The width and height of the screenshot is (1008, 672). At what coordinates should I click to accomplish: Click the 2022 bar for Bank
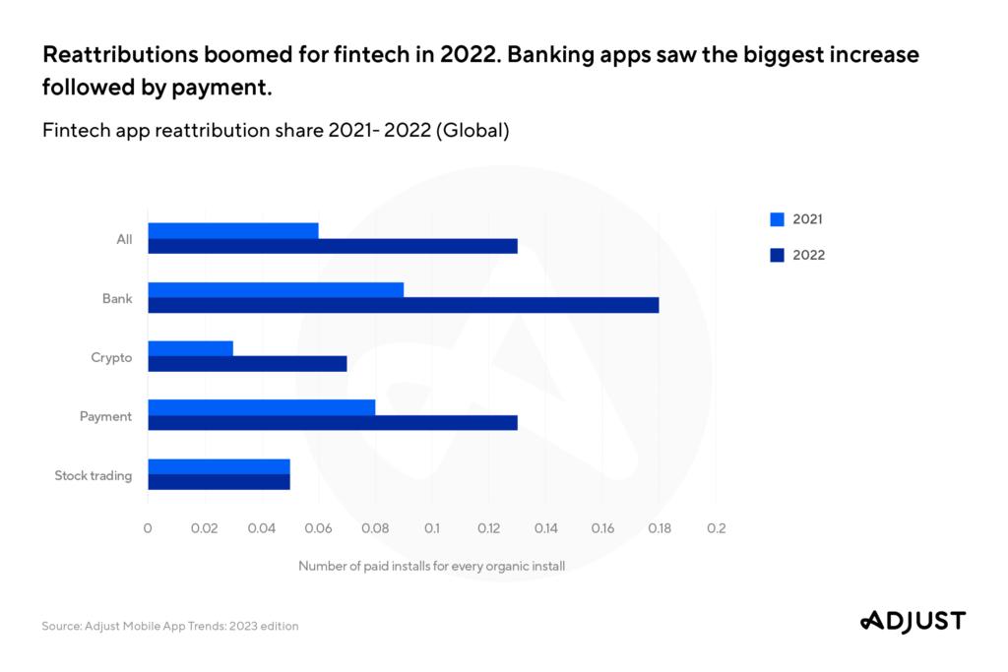404,305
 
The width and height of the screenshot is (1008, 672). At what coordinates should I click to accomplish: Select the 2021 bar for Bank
276,290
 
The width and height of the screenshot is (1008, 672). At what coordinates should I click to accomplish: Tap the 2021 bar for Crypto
190,349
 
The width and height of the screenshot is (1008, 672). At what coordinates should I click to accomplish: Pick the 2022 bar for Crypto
247,364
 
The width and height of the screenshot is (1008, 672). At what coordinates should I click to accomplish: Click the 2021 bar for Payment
261,407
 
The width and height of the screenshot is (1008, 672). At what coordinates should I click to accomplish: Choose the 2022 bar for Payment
333,423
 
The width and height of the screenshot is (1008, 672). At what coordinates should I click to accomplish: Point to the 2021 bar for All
233,230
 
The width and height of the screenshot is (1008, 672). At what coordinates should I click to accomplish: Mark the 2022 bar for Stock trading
219,482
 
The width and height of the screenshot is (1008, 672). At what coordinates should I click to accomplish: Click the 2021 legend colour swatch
777,219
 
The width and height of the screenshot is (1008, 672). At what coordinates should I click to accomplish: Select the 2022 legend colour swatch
777,255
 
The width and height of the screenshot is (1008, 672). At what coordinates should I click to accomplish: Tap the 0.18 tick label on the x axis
660,528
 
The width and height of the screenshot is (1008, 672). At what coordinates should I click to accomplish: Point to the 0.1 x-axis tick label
432,528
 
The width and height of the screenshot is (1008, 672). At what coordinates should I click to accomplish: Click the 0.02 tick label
204,528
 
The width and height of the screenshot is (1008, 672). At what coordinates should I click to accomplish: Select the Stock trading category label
94,476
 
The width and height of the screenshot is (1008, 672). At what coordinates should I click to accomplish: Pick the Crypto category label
111,357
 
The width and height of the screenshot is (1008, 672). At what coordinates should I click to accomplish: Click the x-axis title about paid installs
431,566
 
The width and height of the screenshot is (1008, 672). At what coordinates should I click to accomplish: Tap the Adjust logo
913,621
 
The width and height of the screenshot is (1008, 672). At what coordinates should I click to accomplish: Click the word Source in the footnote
60,626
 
